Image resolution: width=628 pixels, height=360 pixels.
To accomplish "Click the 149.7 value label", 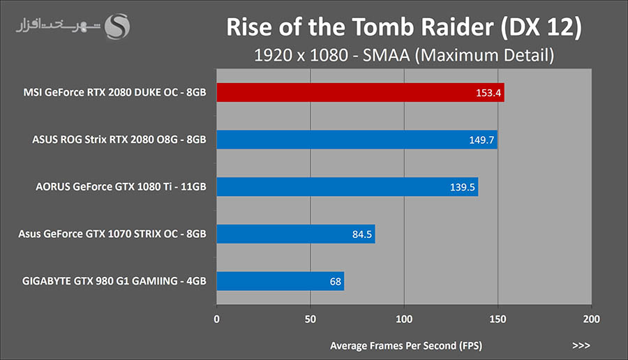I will coord(481,140).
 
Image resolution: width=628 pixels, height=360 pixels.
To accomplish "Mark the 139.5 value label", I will coord(462,188).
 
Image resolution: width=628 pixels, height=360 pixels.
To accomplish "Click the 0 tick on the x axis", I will coord(216,319).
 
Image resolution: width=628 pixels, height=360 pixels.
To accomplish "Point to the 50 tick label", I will coord(311,319).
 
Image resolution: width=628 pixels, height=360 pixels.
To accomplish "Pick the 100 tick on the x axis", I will coord(404,319).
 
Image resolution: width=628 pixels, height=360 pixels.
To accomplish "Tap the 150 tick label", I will coord(498,319).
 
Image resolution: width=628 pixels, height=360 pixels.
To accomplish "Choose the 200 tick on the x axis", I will coord(591,319).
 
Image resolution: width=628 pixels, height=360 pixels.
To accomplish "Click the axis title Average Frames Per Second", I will coord(405,345).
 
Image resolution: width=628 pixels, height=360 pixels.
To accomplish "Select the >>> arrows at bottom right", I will coord(581,345).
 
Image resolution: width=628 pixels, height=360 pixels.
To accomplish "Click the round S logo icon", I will coord(117,27).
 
